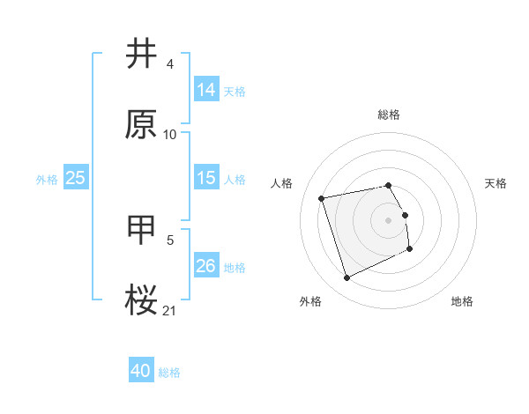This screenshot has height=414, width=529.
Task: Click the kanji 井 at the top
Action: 142,55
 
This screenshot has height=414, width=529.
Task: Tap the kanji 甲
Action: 142,228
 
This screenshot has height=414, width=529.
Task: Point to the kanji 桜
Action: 142,299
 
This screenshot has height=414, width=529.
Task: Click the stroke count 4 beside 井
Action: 169,64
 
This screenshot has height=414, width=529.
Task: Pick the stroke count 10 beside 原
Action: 170,135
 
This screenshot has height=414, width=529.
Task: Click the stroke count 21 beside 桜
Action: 169,309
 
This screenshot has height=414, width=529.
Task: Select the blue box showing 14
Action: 206,90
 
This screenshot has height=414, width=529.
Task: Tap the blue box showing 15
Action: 206,178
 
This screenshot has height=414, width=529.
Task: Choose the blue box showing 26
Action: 206,266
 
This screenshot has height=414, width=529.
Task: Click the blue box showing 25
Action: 76,178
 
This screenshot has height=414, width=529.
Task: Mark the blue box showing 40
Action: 141,371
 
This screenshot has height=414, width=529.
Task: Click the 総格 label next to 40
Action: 169,373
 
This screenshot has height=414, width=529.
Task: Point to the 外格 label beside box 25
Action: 47,180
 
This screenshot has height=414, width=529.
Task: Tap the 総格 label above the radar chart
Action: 389,115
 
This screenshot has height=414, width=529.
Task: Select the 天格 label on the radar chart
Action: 495,183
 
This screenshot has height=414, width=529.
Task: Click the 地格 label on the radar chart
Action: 462,301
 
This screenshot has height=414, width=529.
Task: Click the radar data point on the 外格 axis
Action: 346,278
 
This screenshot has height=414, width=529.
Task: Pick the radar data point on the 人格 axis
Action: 322,197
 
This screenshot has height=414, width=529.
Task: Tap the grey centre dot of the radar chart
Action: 389,219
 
